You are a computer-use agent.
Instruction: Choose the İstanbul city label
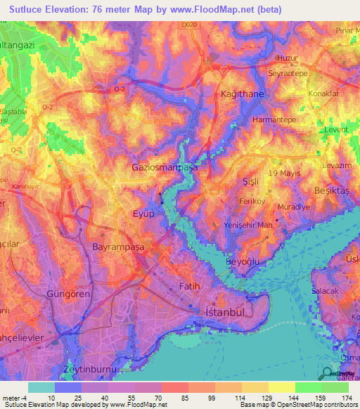tap(224, 311)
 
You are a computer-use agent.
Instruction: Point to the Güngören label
tap(67, 294)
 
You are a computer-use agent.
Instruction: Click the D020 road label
tap(187, 25)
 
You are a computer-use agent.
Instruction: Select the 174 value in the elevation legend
tap(347, 398)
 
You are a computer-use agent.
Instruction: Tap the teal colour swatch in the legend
tap(41, 387)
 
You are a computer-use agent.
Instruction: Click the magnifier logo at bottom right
tap(328, 375)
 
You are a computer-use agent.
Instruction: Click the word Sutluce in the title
tap(26, 8)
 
